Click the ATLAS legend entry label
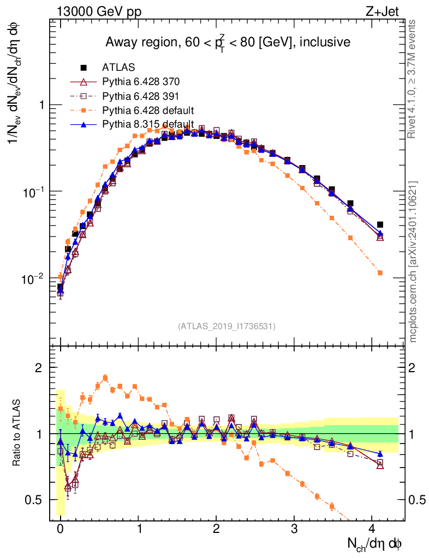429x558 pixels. click(117, 68)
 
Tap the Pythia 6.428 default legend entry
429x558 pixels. click(147, 110)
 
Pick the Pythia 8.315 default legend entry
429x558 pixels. click(147, 124)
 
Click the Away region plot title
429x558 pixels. click(228, 43)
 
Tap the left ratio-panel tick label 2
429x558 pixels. click(39, 368)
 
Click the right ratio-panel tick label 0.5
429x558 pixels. click(416, 500)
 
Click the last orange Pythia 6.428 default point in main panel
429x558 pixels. click(380, 272)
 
